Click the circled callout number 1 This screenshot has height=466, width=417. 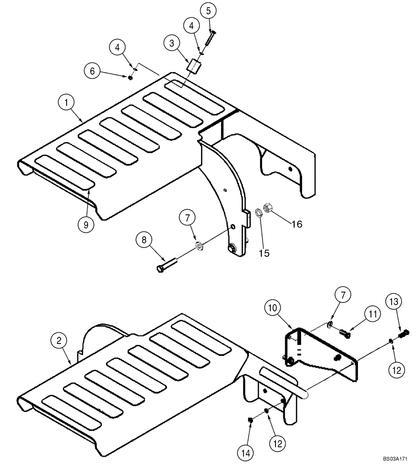click(67, 102)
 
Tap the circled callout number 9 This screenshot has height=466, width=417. click(86, 224)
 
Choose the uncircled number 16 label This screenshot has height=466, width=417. click(296, 224)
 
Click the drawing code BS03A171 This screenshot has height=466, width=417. click(394, 459)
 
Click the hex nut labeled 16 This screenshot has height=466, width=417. click(268, 207)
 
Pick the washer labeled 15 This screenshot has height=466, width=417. click(257, 213)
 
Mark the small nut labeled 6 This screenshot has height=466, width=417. click(131, 77)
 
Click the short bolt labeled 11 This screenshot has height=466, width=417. click(345, 333)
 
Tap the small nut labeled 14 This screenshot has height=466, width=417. click(249, 421)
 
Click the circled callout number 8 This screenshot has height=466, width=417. click(144, 240)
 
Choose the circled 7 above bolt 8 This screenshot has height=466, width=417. click(187, 218)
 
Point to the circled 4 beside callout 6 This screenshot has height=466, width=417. click(118, 48)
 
